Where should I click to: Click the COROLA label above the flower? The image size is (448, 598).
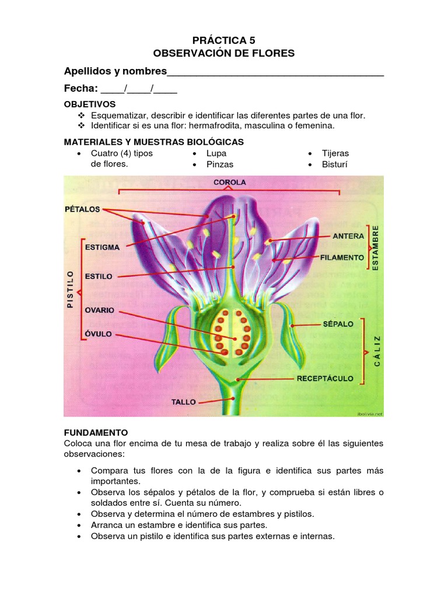click(229, 182)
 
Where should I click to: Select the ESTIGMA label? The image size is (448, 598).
click(102, 247)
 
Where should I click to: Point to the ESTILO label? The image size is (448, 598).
click(99, 276)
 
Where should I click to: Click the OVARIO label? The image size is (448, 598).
click(99, 310)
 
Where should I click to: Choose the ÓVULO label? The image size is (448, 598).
click(97, 335)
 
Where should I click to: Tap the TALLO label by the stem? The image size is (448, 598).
click(183, 402)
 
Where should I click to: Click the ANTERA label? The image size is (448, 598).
click(348, 237)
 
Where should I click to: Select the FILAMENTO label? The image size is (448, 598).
click(342, 257)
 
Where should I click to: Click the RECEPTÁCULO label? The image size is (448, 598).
click(325, 378)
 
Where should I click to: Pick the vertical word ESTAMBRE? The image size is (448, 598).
click(376, 247)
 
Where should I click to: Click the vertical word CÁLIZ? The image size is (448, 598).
click(377, 351)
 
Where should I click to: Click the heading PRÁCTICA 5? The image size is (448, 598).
click(224, 40)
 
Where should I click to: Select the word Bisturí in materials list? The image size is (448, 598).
click(335, 164)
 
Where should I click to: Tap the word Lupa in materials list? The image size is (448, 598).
click(216, 153)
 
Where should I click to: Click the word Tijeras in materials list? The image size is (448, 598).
click(335, 153)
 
